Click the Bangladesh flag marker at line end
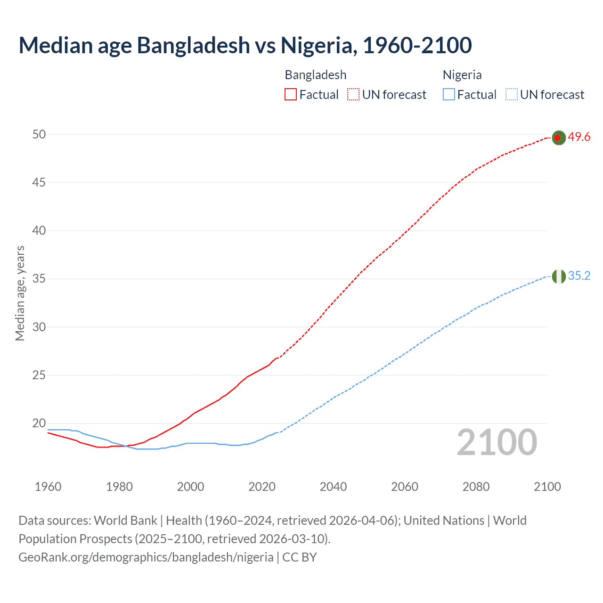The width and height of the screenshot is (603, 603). click(558, 138)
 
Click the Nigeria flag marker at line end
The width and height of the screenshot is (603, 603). click(558, 277)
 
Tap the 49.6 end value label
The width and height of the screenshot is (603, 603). click(579, 137)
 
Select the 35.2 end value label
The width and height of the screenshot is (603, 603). click(579, 276)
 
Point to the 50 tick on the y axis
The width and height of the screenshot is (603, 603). click(39, 134)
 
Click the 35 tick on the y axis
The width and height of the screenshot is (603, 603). click(39, 279)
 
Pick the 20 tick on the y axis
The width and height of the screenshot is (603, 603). click(39, 423)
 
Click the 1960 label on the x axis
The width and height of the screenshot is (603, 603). click(48, 487)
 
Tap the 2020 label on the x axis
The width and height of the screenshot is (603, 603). click(262, 487)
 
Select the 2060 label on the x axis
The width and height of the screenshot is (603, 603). click(405, 487)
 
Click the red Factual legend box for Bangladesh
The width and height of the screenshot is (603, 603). click(291, 95)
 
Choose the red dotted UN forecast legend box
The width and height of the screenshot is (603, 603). click(353, 95)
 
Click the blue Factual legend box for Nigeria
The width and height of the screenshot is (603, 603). click(448, 95)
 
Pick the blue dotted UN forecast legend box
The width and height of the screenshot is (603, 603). click(511, 95)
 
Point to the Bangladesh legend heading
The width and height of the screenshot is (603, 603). click(316, 75)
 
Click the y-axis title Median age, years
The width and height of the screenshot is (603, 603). click(20, 293)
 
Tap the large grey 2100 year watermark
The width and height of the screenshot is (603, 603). click(497, 442)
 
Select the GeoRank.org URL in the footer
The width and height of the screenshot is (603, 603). click(146, 557)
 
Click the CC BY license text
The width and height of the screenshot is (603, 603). click(300, 557)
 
